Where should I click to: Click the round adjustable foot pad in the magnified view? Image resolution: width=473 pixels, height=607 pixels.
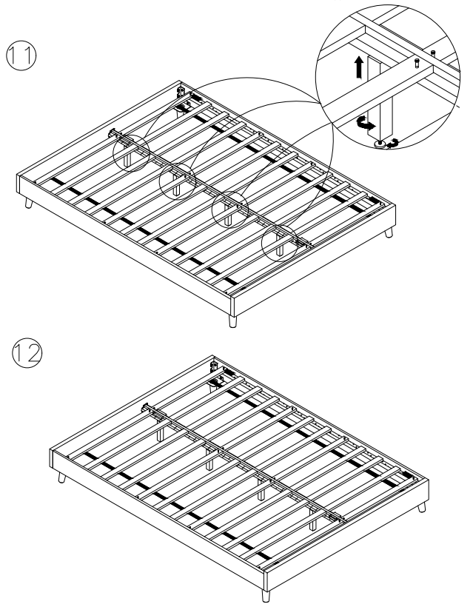pyautogui.click(x=379, y=144)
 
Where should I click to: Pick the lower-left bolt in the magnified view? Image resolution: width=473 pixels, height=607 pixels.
pyautogui.click(x=416, y=64)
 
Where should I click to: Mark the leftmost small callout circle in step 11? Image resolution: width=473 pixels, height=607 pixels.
pyautogui.click(x=131, y=153)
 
